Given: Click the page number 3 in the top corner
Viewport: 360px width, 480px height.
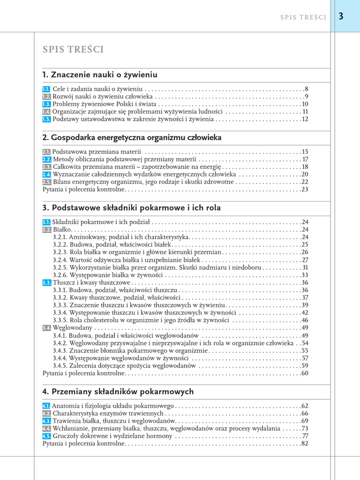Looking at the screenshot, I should tap(341, 16).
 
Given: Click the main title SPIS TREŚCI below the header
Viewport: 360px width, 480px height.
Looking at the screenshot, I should tap(73, 50).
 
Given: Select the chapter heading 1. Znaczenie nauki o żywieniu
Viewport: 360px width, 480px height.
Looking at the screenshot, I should tap(99, 75).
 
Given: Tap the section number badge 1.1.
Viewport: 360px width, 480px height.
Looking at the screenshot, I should tap(46, 89).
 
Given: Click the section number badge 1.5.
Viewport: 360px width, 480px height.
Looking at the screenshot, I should tap(46, 120).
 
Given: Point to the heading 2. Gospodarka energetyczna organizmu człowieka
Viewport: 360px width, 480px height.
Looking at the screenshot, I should tap(132, 138).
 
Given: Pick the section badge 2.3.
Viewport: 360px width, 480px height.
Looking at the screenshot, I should tap(46, 167).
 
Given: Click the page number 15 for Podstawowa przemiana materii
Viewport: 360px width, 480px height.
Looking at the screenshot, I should tap(305, 152).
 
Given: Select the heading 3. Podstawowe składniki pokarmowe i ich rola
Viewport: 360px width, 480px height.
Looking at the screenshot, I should tap(131, 208).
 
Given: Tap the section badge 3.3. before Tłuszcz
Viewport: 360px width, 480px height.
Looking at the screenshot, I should tap(46, 283).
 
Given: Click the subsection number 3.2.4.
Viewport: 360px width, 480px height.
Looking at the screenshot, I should tap(60, 260).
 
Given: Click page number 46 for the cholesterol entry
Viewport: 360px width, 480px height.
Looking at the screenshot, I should tap(305, 321).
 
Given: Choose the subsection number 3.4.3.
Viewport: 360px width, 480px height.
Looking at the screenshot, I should tap(60, 351).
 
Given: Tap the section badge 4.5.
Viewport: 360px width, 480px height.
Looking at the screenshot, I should tap(46, 436).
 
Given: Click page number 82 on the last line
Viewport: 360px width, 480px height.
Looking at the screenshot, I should tap(305, 443).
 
